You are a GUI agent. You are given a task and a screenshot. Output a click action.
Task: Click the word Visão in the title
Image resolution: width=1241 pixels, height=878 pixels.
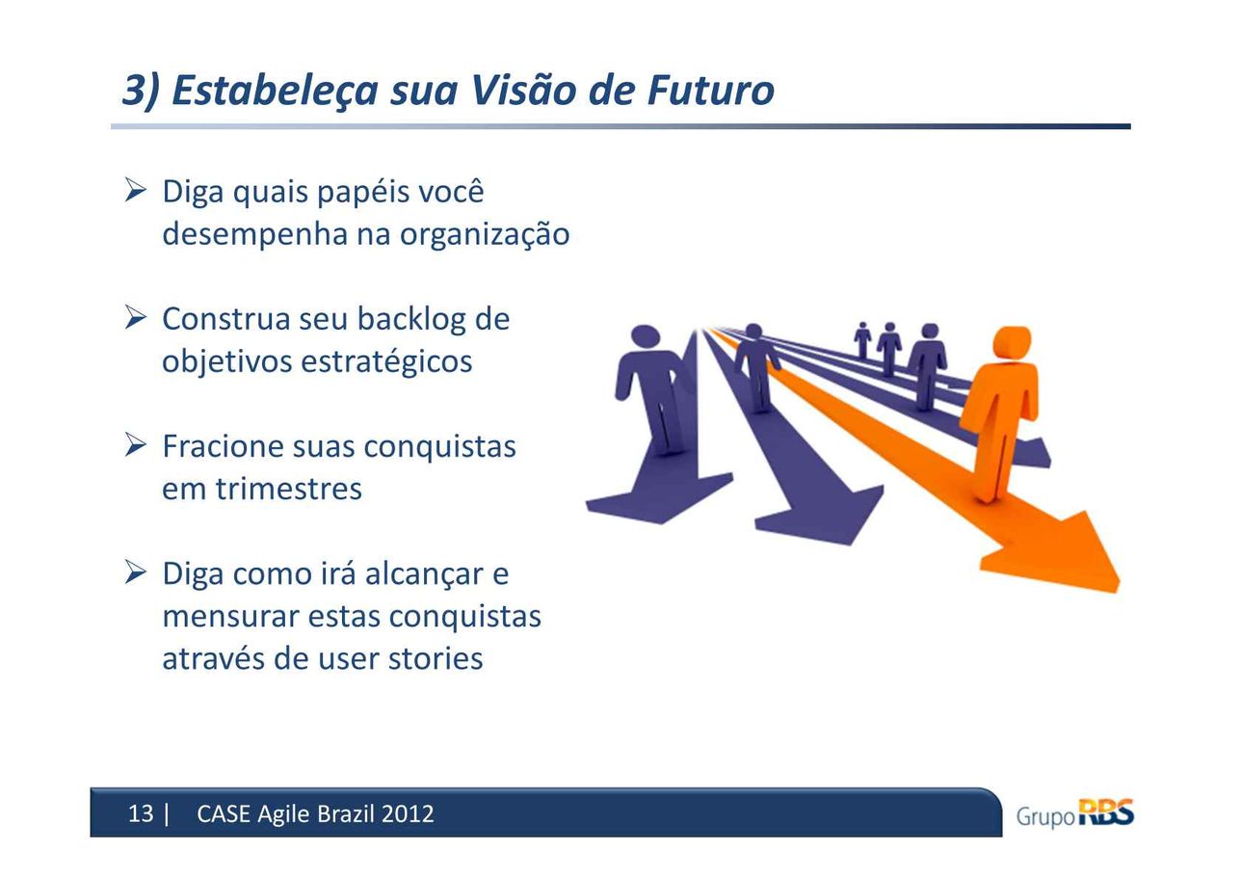[523, 90]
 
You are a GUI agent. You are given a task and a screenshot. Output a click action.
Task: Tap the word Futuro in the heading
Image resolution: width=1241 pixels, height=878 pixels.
[710, 90]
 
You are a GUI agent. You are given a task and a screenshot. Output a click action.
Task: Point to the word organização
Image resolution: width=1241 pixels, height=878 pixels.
[485, 235]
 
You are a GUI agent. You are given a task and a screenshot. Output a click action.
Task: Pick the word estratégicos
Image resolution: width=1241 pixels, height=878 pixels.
[386, 361]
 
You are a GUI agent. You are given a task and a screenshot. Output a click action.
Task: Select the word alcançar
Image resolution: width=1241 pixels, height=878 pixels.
[424, 573]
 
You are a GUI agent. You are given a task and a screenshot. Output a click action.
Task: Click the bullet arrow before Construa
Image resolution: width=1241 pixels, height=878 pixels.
[135, 318]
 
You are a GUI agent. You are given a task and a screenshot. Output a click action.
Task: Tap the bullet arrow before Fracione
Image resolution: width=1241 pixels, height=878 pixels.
[135, 444]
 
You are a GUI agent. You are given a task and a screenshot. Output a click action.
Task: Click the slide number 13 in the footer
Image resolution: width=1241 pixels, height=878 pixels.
[140, 814]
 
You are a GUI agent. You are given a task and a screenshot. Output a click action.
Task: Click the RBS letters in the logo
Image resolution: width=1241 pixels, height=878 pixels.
[1106, 813]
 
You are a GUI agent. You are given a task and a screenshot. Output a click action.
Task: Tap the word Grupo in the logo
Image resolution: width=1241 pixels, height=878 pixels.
[1045, 817]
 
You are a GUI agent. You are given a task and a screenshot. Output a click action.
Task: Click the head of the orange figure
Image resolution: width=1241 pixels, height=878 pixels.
[1012, 344]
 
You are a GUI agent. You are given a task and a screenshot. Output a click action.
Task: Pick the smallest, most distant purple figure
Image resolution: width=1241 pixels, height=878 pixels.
[862, 340]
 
